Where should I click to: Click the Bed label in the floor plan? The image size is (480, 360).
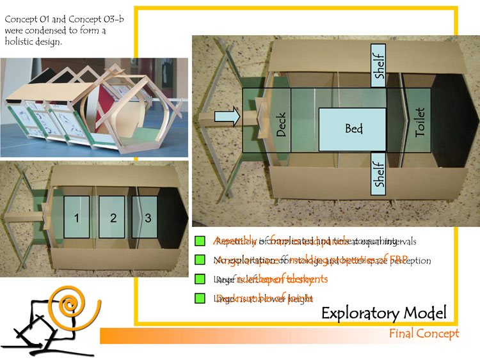click(x=353, y=129)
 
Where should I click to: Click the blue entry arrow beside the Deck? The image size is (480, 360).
click(x=227, y=116)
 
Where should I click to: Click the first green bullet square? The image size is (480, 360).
click(x=200, y=241)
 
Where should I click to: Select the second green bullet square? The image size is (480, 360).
click(x=200, y=260)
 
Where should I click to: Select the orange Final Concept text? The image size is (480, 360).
click(x=424, y=334)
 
